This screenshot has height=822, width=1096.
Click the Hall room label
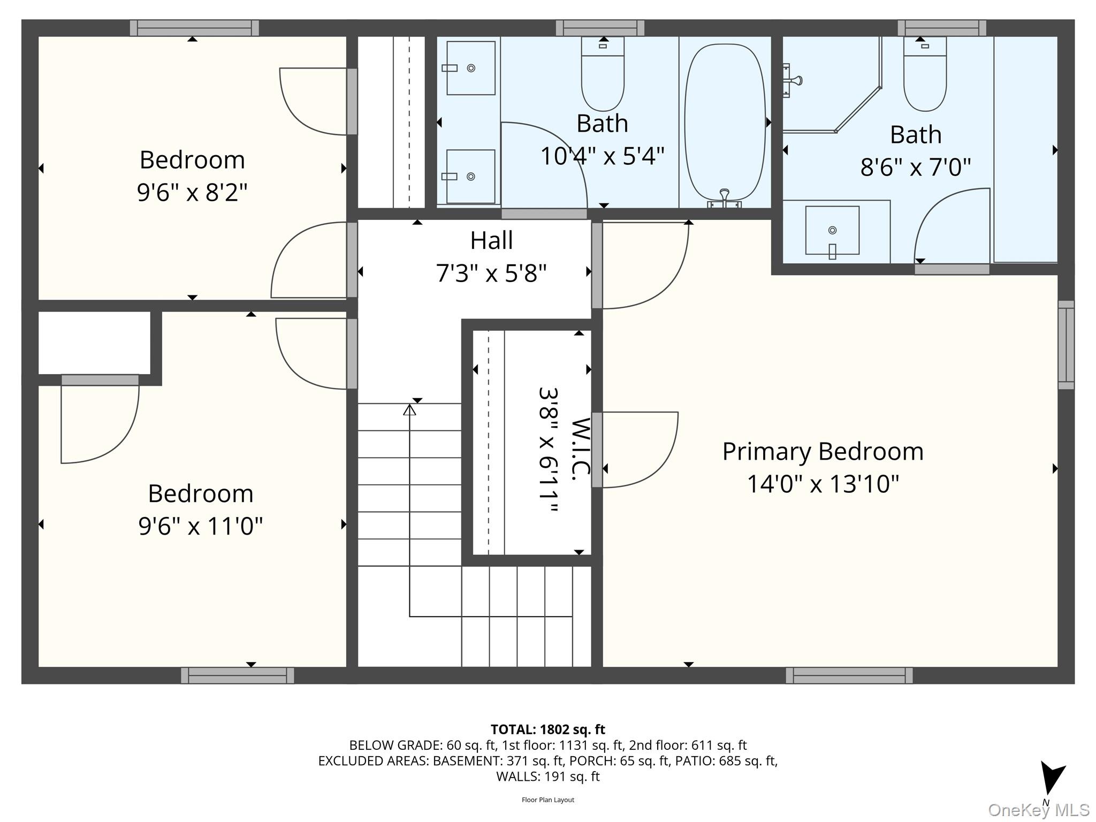pyautogui.click(x=491, y=240)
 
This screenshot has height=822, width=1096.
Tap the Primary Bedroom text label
pyautogui.click(x=823, y=451)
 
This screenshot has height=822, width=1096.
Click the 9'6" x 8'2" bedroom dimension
pyautogui.click(x=192, y=192)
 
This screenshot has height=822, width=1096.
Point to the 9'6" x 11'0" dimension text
pyautogui.click(x=200, y=526)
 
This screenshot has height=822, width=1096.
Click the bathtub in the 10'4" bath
pyautogui.click(x=725, y=122)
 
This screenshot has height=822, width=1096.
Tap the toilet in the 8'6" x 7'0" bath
pyautogui.click(x=925, y=75)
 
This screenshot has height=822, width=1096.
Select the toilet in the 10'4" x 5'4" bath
pyautogui.click(x=603, y=75)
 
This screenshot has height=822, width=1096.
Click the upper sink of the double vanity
pyautogui.click(x=470, y=68)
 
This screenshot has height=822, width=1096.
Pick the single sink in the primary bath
pyautogui.click(x=832, y=231)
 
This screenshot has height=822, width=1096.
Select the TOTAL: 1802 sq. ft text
pyautogui.click(x=547, y=729)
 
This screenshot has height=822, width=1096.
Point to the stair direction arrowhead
pyautogui.click(x=409, y=410)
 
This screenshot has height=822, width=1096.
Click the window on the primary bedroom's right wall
pyautogui.click(x=1066, y=345)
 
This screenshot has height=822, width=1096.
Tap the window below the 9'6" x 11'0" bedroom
pyautogui.click(x=237, y=675)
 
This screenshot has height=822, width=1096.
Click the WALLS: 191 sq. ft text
pyautogui.click(x=547, y=777)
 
